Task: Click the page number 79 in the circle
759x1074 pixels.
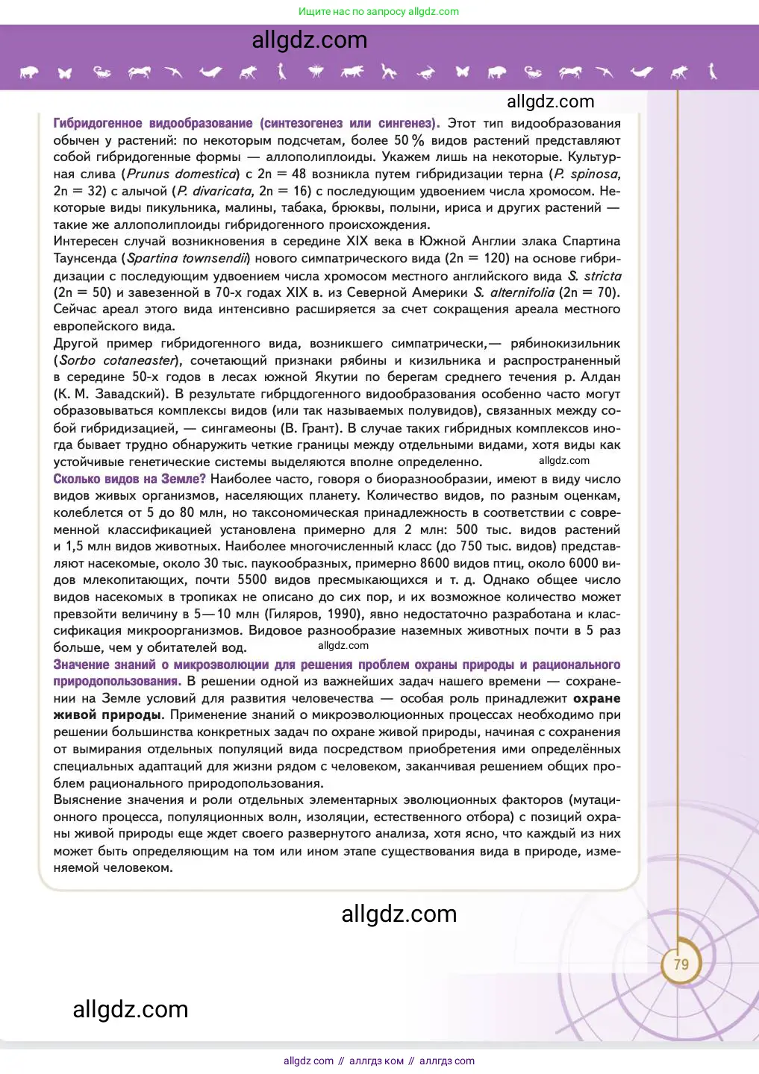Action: pyautogui.click(x=681, y=964)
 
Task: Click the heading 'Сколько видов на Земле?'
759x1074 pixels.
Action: pyautogui.click(x=129, y=479)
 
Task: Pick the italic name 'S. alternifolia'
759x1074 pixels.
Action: pyautogui.click(x=514, y=292)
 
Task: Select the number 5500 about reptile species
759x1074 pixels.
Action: pyautogui.click(x=252, y=580)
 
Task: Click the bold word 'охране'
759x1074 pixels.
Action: pyautogui.click(x=596, y=698)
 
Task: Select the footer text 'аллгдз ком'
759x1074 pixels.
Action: pyautogui.click(x=376, y=1061)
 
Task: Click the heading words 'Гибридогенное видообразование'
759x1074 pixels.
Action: pyautogui.click(x=152, y=123)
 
